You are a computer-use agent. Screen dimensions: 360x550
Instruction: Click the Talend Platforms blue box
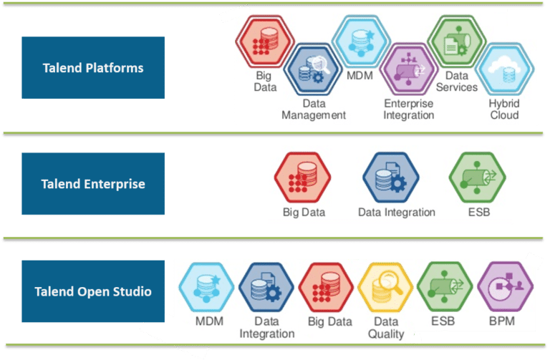click(93, 68)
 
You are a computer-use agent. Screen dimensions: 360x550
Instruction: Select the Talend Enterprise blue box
click(93, 184)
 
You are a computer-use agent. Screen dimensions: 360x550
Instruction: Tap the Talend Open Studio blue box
click(93, 291)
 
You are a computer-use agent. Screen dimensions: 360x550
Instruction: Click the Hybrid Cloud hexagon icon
click(505, 70)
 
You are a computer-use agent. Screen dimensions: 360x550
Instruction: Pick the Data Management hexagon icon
click(313, 69)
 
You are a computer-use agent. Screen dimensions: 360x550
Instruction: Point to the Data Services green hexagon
click(456, 39)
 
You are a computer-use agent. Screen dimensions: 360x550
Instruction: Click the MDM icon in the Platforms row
click(360, 42)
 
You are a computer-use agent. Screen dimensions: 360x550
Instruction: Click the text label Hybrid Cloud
click(505, 110)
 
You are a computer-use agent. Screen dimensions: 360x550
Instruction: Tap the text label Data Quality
click(386, 328)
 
